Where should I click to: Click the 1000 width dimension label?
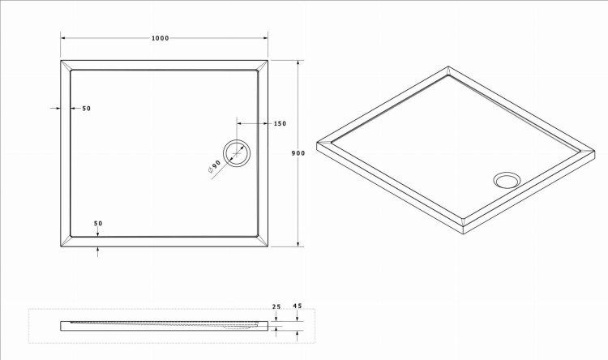[x=161, y=38]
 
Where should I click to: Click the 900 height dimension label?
[x=298, y=153]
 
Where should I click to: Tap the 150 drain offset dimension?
[x=280, y=124]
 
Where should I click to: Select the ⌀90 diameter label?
[x=215, y=166]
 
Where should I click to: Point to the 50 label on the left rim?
[x=87, y=109]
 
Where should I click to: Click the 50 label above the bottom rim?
[x=98, y=224]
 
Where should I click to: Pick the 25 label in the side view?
[x=276, y=306]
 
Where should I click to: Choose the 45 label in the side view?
[x=297, y=306]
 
